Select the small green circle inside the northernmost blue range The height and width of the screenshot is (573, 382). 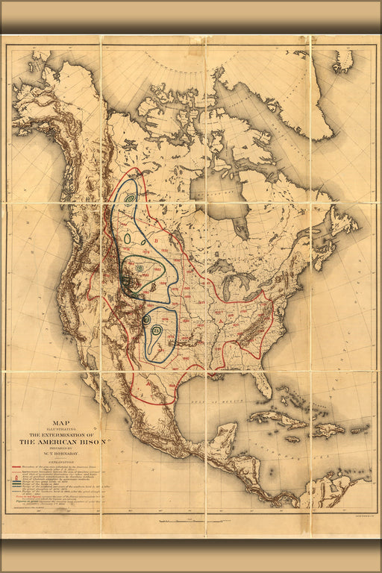(x=131, y=198)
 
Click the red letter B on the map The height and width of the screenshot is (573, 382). (x=157, y=242)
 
